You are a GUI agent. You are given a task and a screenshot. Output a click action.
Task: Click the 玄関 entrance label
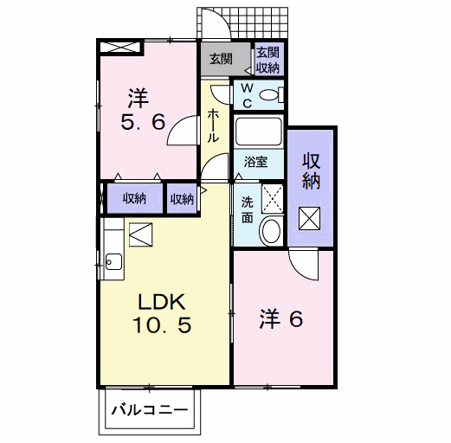[221, 60]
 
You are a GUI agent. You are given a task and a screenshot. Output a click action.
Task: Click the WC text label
[246, 95]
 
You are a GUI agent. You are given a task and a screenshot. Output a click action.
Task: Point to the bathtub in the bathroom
[258, 132]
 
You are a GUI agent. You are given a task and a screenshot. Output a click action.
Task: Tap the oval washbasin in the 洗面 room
[270, 229]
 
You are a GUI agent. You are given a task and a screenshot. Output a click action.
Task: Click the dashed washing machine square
[272, 196]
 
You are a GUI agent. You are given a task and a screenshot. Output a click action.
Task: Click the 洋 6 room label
[280, 319]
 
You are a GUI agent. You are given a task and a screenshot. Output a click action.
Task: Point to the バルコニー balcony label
[149, 410]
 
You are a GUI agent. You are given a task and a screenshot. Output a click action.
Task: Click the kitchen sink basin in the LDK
[113, 260]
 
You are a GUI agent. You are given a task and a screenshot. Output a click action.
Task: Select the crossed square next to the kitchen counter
[139, 234]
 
